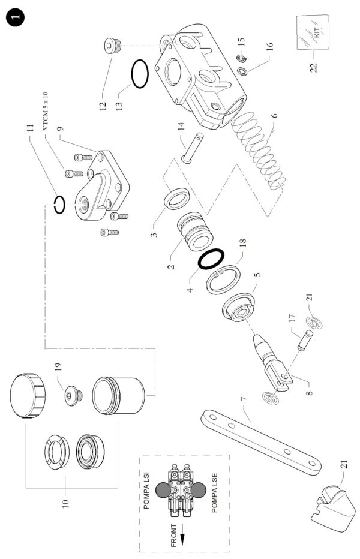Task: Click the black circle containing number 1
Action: click(16, 18)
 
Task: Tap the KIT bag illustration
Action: click(313, 32)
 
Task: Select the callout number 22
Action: click(313, 68)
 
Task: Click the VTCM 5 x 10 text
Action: click(46, 111)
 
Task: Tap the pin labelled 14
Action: click(193, 148)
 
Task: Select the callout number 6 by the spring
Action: click(274, 116)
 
